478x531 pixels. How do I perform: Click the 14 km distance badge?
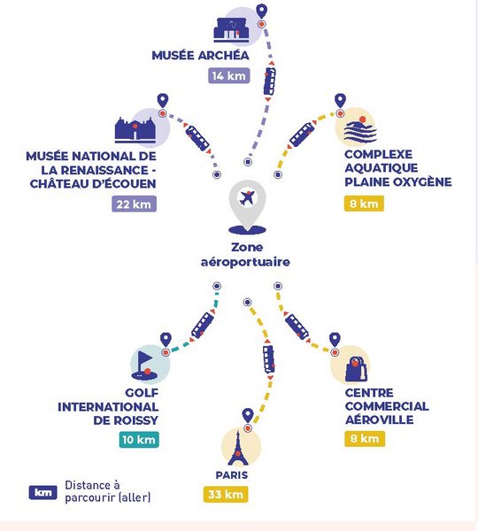click(229, 75)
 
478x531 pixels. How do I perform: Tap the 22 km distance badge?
click(135, 204)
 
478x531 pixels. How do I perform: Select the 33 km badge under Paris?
click(226, 495)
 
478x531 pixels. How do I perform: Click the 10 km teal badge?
click(139, 440)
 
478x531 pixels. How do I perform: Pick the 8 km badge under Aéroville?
click(365, 439)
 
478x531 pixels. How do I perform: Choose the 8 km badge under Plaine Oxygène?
click(364, 204)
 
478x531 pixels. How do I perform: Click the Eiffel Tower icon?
click(238, 448)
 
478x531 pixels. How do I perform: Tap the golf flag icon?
click(144, 365)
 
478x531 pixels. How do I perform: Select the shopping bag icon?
click(356, 369)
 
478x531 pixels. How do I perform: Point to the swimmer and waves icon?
click(359, 129)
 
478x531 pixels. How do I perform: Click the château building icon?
click(135, 130)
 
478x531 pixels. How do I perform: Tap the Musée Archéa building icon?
click(231, 30)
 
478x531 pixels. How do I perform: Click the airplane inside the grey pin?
click(247, 197)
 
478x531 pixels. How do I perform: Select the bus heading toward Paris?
click(268, 359)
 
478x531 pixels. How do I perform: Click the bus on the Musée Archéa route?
click(270, 81)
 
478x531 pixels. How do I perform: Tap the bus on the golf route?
click(202, 325)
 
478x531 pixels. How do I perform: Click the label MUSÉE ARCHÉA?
click(200, 55)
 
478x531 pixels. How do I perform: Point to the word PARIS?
click(232, 474)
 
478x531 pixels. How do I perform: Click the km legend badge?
click(43, 492)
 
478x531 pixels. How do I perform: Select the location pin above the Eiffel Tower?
click(248, 414)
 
